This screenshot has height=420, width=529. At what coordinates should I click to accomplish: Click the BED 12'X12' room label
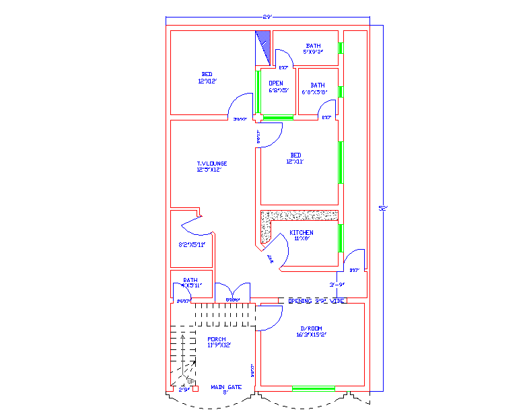coord(207,77)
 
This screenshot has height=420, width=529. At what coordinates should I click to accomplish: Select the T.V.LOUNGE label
coord(211,166)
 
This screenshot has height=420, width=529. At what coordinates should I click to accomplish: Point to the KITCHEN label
coord(301,235)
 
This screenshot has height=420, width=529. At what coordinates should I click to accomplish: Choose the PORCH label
coord(217,342)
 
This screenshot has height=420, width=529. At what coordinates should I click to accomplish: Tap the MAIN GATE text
coord(225,387)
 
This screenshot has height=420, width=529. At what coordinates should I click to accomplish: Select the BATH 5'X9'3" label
coord(313,48)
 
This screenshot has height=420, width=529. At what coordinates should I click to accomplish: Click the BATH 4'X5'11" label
coord(190,283)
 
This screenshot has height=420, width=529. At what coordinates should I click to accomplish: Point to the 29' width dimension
coord(268,17)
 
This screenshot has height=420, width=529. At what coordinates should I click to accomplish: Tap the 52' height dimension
coord(383,209)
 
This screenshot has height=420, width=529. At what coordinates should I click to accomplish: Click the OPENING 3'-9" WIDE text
coord(316,301)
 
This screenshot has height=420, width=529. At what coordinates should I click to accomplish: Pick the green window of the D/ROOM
coord(313,388)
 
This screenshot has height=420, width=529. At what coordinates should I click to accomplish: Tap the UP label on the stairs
coord(191,382)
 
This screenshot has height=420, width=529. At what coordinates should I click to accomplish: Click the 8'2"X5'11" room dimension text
coord(191,244)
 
